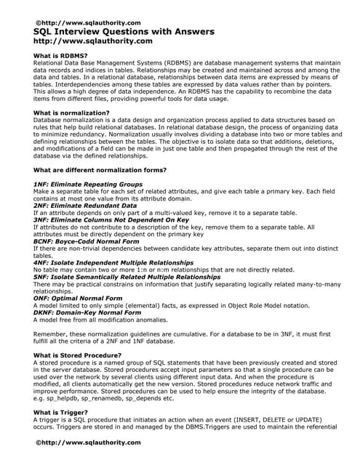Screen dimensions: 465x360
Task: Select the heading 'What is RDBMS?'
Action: [61, 56]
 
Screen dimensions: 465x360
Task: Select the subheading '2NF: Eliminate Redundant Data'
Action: [85, 206]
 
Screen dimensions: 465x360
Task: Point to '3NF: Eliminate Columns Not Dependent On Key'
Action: [111, 219]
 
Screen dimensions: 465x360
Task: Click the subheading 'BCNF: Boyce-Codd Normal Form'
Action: [87, 240]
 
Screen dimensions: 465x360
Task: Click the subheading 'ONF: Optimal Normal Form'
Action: [79, 297]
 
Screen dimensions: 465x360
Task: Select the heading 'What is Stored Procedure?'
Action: [77, 355]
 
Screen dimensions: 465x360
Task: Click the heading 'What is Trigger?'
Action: [61, 411]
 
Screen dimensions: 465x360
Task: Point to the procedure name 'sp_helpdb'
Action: [65, 397]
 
